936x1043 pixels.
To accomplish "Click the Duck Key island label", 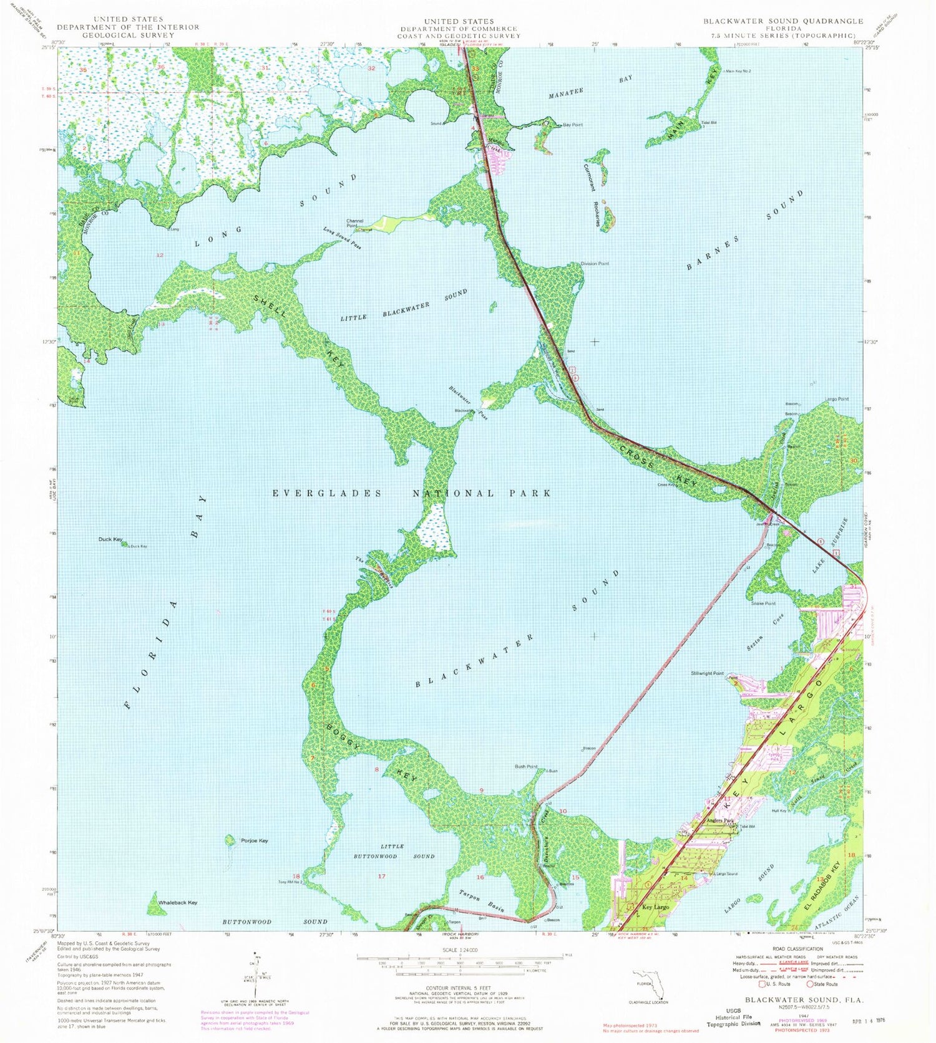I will pos(110,539).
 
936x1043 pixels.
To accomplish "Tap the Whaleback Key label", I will pos(178,902).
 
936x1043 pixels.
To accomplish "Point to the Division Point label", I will pos(595,264).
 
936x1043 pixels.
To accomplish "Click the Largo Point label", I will pos(836,399).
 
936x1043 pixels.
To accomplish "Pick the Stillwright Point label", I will pos(707,673).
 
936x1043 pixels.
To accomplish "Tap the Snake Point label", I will pos(763,603).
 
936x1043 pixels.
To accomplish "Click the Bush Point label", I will pos(526,766).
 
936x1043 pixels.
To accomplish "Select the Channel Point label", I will pos(355,223).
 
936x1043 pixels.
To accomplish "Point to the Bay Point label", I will pos(573,125).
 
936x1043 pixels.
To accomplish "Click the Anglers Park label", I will pos(719,820).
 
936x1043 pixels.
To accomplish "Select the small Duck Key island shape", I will pos(125,544).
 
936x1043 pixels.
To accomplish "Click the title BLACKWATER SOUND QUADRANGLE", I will pos(783,21).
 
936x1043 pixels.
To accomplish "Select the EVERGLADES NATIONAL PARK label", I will pos(412,493).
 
